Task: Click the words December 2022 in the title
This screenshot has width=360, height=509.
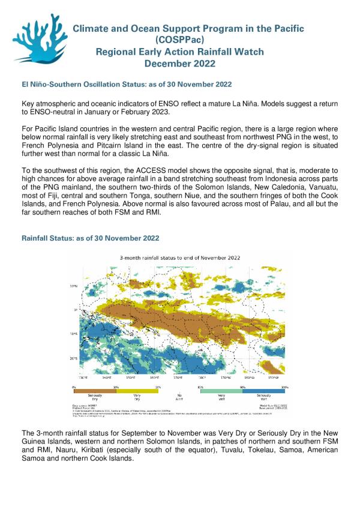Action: tap(179, 64)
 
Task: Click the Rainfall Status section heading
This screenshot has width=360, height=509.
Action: tap(90, 238)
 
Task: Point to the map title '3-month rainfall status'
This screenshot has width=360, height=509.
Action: tap(181, 257)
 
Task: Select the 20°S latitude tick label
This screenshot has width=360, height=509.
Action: tap(75, 358)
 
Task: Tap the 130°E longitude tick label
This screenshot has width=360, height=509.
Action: tap(83, 378)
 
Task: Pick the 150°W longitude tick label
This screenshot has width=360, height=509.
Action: tap(273, 378)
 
